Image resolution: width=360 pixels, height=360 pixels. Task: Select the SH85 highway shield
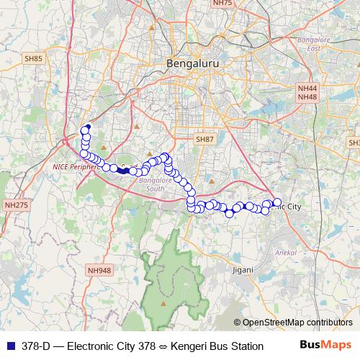(34, 58)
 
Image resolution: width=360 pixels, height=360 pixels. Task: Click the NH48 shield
(307, 96)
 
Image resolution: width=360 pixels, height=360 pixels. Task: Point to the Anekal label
(286, 253)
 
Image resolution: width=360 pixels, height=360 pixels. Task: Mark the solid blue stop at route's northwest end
(87, 127)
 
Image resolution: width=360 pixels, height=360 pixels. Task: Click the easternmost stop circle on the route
(277, 202)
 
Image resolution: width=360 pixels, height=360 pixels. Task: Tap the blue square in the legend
(10, 346)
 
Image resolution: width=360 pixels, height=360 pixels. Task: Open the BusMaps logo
(325, 345)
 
